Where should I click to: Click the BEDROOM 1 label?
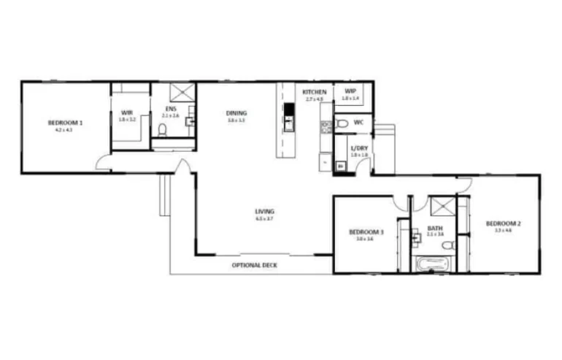point(65,123)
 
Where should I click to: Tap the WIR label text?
point(127,113)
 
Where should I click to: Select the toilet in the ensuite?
point(163,131)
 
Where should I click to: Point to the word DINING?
point(236,113)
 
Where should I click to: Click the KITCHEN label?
point(315,92)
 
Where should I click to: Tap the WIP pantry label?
point(350,91)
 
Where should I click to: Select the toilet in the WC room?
point(342,124)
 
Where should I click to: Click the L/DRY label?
point(359,148)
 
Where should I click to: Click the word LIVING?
point(264,212)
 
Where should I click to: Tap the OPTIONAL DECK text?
point(255,265)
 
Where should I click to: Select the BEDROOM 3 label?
point(365,231)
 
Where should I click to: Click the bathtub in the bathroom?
point(435,264)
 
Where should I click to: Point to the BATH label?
point(435,229)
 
